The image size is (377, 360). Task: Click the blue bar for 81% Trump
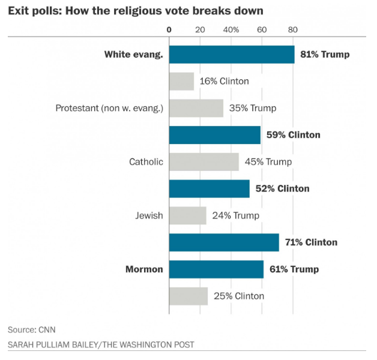pyautogui.click(x=232, y=55)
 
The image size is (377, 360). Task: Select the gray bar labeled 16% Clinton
pyautogui.click(x=182, y=82)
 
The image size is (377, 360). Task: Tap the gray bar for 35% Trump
pyautogui.click(x=196, y=109)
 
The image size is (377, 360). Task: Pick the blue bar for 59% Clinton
pyautogui.click(x=215, y=135)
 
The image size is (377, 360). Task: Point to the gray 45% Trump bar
pyautogui.click(x=204, y=162)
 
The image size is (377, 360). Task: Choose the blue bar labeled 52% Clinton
pyautogui.click(x=210, y=189)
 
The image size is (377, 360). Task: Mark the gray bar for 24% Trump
pyautogui.click(x=188, y=215)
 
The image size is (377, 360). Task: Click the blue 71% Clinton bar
pyautogui.click(x=224, y=242)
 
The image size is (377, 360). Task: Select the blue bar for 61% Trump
pyautogui.click(x=216, y=269)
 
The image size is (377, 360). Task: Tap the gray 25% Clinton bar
pyautogui.click(x=188, y=296)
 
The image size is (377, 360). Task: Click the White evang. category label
pyautogui.click(x=134, y=55)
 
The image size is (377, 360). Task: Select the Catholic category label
pyautogui.click(x=146, y=162)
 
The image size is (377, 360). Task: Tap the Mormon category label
pyautogui.click(x=144, y=269)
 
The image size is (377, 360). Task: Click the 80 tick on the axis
pyautogui.click(x=292, y=29)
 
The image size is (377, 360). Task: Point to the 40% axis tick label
pyautogui.click(x=231, y=29)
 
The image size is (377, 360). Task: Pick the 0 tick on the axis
pyautogui.click(x=169, y=29)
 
